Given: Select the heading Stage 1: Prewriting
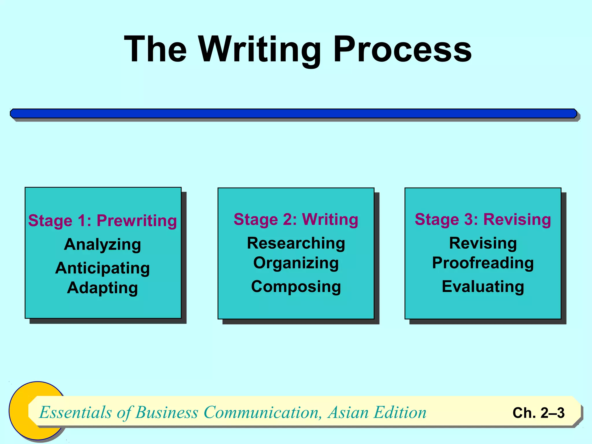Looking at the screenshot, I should pos(102,221).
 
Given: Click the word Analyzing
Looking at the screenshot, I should pos(102,245).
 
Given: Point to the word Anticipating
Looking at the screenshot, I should pos(102,268).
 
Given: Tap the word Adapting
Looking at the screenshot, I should pos(102,288).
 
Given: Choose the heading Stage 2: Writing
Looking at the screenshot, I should pos(296,219).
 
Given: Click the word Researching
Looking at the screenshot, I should pos(296,243).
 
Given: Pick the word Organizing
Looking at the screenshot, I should pos(296,263).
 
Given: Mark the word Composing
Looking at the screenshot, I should pos(296,287).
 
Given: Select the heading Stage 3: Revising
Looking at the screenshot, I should pos(483,219).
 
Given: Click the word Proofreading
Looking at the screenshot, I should pos(483,263).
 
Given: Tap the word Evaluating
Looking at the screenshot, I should pos(483,287).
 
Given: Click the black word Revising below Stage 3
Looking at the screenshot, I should pos(483,243).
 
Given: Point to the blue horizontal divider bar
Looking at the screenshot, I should pos(293,114).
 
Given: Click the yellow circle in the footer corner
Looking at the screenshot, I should pos(20,410).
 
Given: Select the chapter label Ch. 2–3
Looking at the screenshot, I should pos(538,413).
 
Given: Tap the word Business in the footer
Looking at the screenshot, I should pos(166,412).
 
